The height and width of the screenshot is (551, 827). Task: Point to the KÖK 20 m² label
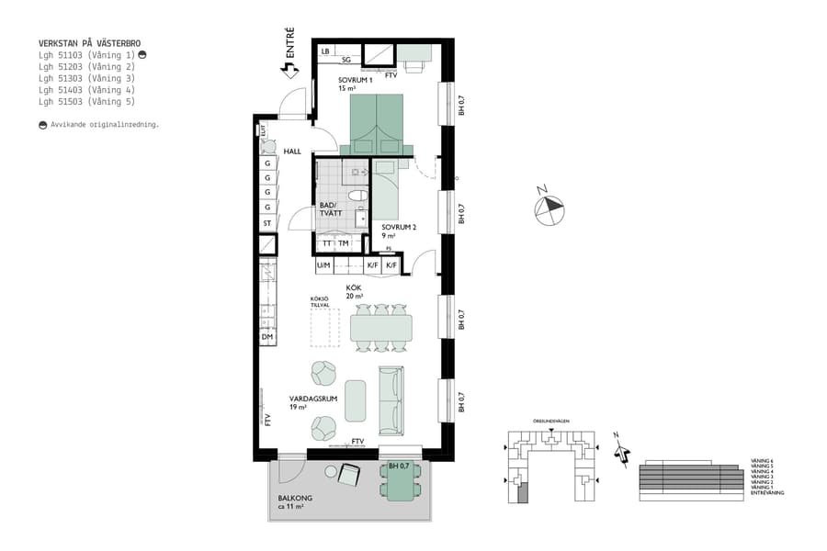354,292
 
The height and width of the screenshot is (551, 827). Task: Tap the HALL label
292,152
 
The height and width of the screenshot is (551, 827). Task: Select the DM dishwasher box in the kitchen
267,338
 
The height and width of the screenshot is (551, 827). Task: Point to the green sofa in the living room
391,399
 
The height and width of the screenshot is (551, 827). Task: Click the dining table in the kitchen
380,327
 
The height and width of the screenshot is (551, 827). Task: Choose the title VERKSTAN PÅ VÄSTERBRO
89,43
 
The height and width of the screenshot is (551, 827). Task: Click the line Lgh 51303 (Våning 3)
86,78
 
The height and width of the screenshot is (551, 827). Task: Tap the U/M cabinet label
323,265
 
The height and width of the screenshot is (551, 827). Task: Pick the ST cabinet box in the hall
267,223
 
